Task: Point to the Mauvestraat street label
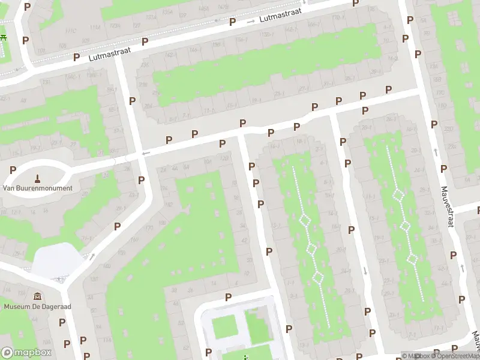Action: [x=446, y=205]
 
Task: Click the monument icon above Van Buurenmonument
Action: [x=37, y=178]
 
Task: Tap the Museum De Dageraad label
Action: [x=37, y=307]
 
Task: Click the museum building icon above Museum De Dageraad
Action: [x=37, y=296]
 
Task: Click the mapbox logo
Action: [x=26, y=353]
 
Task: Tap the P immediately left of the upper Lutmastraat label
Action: [x=232, y=22]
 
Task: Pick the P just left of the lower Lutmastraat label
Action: [x=76, y=58]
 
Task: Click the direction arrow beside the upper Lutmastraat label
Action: [x=251, y=22]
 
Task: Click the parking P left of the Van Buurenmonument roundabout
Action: [x=13, y=170]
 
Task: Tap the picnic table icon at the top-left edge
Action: [x=3, y=37]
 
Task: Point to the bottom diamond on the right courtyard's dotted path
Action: [x=412, y=259]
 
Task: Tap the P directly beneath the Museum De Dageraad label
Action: [x=62, y=322]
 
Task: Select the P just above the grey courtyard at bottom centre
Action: [x=228, y=297]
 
